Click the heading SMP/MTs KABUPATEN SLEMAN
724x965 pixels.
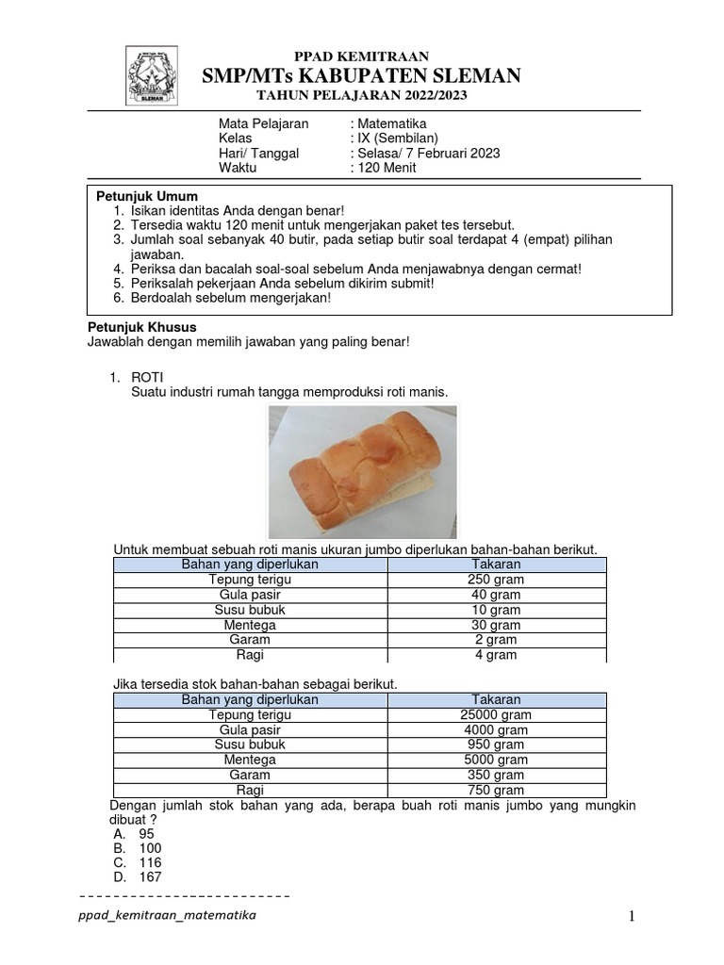362,75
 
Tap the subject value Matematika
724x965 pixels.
391,123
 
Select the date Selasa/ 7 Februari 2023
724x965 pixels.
427,154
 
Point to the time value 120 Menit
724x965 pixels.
385,169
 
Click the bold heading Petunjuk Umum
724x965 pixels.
148,195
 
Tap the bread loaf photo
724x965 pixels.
362,471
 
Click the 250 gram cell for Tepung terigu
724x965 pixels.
496,580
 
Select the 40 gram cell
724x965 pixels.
496,595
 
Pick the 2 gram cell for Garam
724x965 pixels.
496,640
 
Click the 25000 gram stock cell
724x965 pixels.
496,715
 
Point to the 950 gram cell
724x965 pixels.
496,744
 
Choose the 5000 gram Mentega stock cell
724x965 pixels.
496,760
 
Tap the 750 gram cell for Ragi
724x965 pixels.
496,791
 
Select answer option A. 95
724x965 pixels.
134,834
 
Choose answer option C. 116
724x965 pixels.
138,862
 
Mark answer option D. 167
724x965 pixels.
138,877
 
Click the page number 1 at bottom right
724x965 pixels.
634,917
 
